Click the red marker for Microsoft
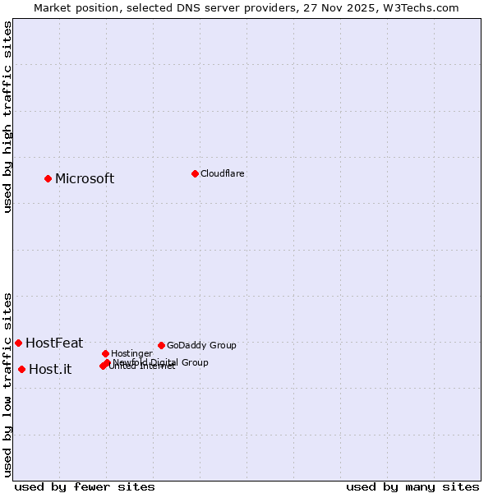48,178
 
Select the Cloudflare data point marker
195,173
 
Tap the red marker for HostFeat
18,343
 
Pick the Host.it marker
21,369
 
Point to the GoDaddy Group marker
161,345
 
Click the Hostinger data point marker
105,353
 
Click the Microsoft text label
85,179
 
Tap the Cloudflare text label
223,174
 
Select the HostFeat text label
54,343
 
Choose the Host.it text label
50,370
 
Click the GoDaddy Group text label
201,346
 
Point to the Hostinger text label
131,354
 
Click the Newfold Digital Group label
161,362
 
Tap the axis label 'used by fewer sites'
85,487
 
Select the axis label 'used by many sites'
412,487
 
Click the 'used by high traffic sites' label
7,117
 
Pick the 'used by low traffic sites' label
7,384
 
